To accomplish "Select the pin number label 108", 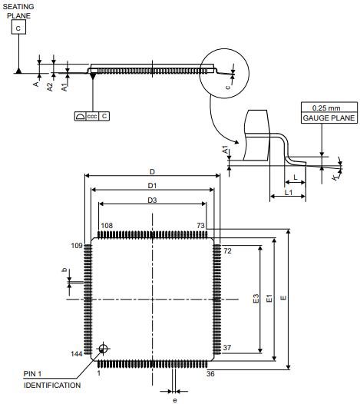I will [107, 226].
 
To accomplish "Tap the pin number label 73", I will [201, 226].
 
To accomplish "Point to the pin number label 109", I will [77, 246].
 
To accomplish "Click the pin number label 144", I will [77, 354].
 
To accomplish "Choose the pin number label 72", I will [227, 251].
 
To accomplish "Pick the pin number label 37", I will [227, 348].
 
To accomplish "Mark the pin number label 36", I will [211, 374].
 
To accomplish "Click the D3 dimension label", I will [152, 200].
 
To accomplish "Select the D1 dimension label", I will [152, 186].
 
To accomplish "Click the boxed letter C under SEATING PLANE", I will [18, 28].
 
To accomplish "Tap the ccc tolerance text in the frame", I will [91, 116].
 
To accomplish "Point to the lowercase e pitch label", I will [175, 399].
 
